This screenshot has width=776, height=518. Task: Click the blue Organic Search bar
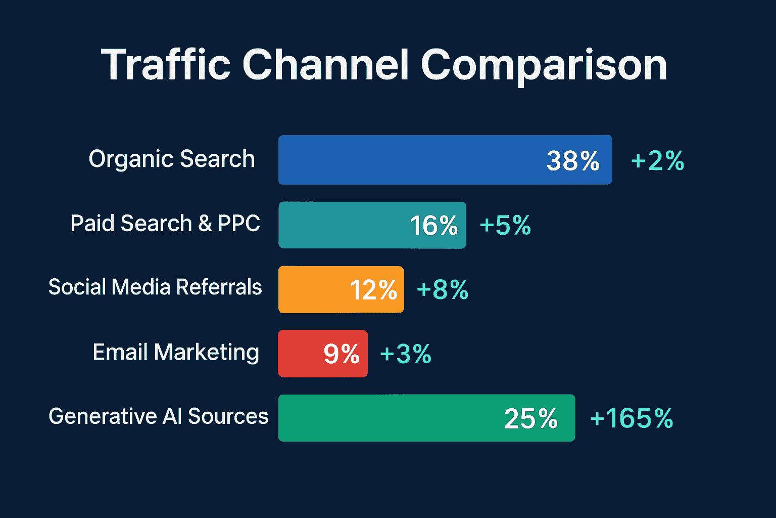pyautogui.click(x=404, y=160)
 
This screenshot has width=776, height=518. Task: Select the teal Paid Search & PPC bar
pyautogui.click(x=344, y=225)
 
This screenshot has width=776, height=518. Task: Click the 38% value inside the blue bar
pyautogui.click(x=573, y=161)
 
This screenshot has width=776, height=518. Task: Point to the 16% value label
pyautogui.click(x=433, y=226)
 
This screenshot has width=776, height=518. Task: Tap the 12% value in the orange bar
pyautogui.click(x=373, y=290)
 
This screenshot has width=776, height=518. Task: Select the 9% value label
pyautogui.click(x=342, y=354)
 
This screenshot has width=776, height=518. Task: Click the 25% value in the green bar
pyautogui.click(x=531, y=419)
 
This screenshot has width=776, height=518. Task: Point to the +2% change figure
pyautogui.click(x=657, y=161)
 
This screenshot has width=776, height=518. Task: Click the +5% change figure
pyautogui.click(x=505, y=225)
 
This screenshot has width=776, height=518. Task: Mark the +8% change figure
pyautogui.click(x=442, y=290)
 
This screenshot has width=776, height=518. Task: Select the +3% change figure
pyautogui.click(x=405, y=354)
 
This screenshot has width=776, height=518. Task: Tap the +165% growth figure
pyautogui.click(x=632, y=418)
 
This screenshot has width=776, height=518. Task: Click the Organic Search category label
pyautogui.click(x=172, y=159)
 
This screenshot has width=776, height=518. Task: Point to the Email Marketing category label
pyautogui.click(x=176, y=352)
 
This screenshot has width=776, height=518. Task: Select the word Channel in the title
pyautogui.click(x=326, y=65)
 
